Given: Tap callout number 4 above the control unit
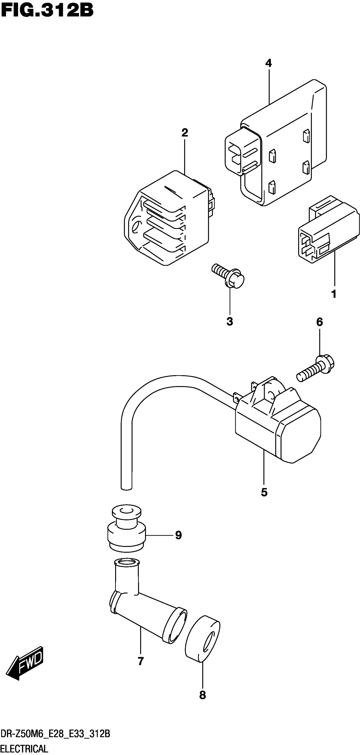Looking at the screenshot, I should [268, 63].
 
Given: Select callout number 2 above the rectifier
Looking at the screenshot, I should [185, 133].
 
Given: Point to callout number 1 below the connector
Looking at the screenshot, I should [334, 294].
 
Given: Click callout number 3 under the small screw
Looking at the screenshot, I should [230, 321].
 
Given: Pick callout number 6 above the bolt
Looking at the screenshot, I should [319, 322].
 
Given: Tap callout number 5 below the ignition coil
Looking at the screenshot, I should [264, 492].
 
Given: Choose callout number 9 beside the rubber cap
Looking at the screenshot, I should [178, 535].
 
